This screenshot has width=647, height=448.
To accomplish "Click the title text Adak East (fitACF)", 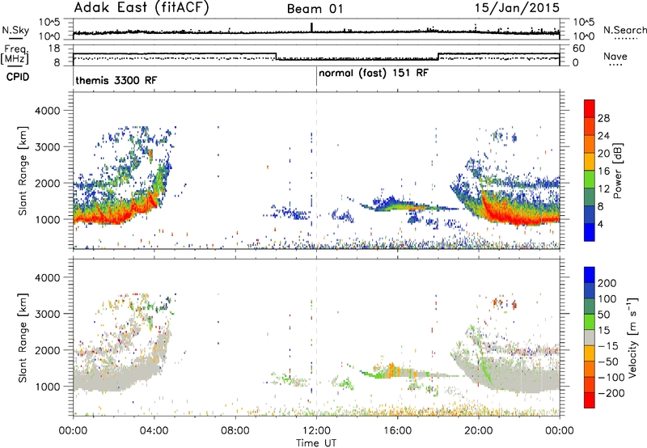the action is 142,7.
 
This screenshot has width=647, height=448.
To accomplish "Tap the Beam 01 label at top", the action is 315,9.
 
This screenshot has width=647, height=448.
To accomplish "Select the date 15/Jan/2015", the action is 517,7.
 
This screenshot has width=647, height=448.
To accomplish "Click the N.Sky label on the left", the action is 15,30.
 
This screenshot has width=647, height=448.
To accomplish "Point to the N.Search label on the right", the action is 624,30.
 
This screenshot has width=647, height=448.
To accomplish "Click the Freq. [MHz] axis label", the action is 15,54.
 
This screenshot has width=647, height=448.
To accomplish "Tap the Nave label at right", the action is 615,56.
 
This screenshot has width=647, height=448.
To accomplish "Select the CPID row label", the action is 18,77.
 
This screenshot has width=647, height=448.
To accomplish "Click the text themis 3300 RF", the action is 116,80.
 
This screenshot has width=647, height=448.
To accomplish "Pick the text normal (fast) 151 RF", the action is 374,74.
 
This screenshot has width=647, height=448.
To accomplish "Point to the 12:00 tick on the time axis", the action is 316,431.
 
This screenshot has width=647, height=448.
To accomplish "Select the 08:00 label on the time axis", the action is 235,431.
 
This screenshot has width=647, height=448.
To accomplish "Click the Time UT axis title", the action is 316,442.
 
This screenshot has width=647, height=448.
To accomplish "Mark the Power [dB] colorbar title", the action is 618,171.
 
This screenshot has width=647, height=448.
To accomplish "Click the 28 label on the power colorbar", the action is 603,118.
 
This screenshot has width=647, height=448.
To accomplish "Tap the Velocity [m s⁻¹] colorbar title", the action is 633,337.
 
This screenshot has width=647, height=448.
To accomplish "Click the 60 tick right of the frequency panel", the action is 579,49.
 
